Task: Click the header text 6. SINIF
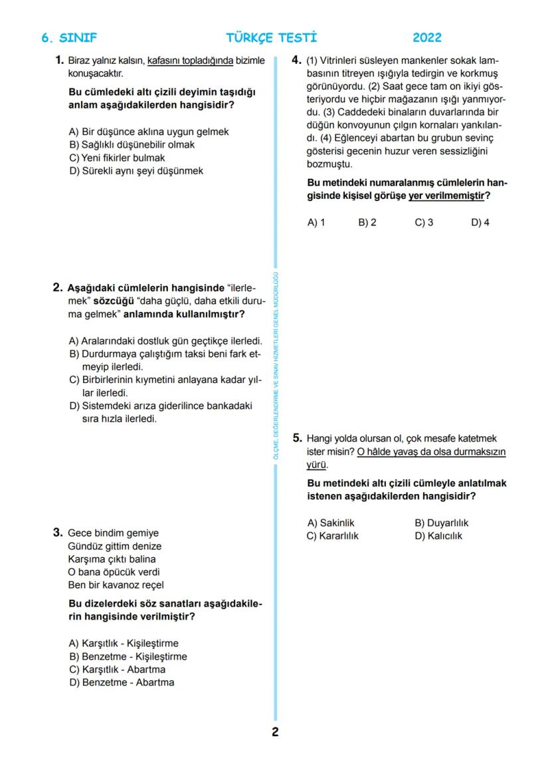click(69, 38)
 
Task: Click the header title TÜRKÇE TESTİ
click(271, 38)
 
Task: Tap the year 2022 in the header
click(426, 38)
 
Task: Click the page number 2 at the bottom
click(275, 733)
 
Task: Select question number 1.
click(59, 61)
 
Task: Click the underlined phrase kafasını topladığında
click(190, 61)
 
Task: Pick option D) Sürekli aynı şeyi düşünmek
click(136, 171)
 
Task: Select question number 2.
click(58, 288)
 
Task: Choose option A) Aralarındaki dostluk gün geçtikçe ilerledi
click(165, 341)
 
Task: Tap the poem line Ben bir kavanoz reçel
click(116, 585)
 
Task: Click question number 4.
click(297, 61)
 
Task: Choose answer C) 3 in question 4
click(424, 223)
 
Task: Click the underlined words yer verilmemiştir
click(446, 195)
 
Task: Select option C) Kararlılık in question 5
click(332, 536)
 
